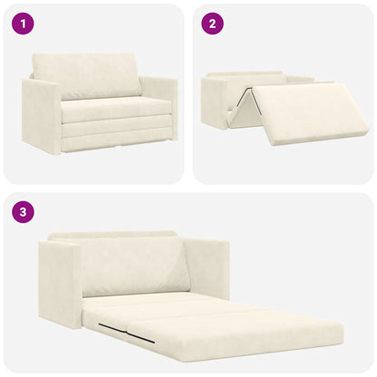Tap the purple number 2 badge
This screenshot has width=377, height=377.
210,24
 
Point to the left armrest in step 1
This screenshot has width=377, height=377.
41,115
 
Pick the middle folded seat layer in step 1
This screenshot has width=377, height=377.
115,127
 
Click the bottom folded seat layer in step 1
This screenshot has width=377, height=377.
116,140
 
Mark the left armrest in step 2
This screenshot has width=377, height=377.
215,101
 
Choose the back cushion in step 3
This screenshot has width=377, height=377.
136,266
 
